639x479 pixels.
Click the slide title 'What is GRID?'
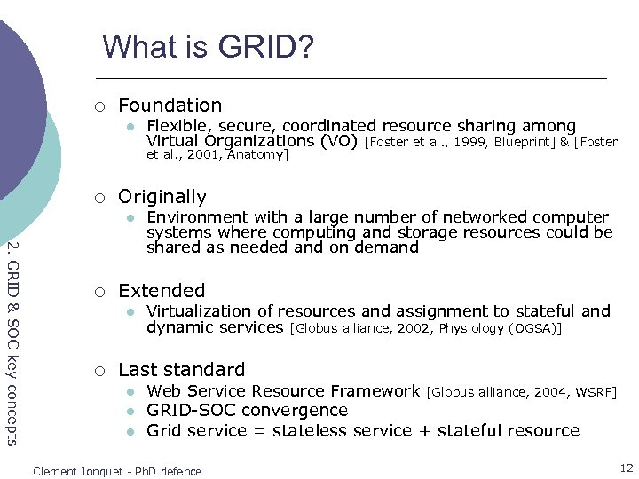(208, 46)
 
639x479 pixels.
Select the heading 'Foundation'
(170, 106)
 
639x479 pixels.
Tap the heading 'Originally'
(162, 197)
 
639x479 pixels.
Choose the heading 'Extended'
(161, 291)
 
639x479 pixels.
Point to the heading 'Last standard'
(181, 370)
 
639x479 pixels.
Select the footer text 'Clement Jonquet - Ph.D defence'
(117, 471)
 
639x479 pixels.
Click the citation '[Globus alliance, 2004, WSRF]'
(522, 391)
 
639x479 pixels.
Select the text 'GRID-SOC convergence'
(247, 411)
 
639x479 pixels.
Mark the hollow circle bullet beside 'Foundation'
(100, 107)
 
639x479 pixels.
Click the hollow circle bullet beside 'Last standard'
(100, 371)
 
